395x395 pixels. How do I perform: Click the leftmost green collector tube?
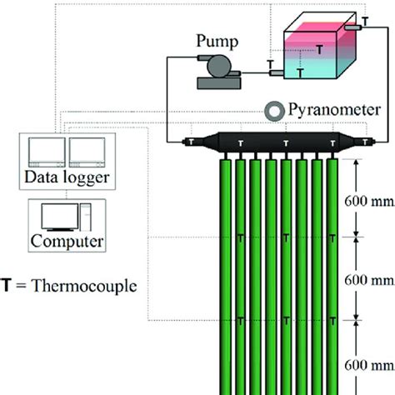[226, 275]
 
